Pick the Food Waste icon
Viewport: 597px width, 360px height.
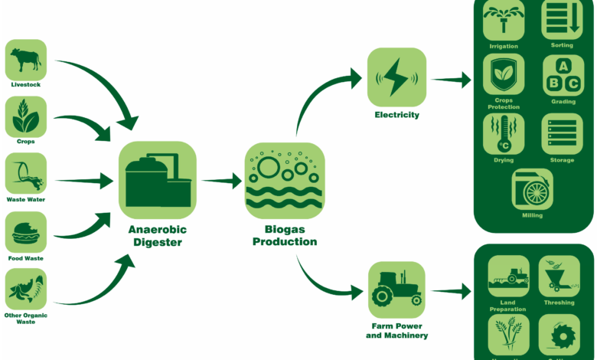[x=26, y=232]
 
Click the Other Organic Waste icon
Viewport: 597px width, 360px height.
[x=26, y=288]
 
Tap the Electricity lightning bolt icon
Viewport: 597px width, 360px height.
[x=396, y=77]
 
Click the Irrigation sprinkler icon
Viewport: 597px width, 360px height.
[x=504, y=20]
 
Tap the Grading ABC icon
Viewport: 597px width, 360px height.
[x=563, y=74]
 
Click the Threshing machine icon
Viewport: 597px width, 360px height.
[x=559, y=276]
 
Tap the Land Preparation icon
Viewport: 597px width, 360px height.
[x=509, y=276]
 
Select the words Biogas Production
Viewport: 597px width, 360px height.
[x=284, y=235]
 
